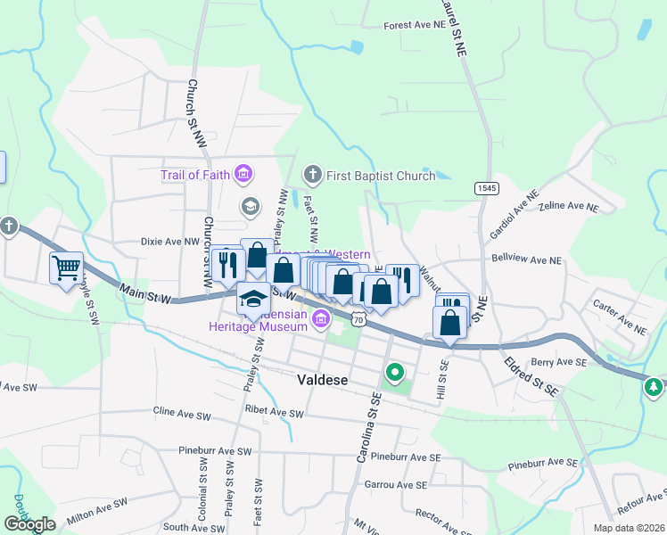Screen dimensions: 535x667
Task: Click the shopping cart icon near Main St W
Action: (67, 267)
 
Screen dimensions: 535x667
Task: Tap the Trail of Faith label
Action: (195, 175)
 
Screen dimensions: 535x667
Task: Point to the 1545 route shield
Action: (486, 188)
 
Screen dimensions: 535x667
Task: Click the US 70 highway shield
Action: (358, 318)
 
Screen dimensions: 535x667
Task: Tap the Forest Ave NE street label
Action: (415, 26)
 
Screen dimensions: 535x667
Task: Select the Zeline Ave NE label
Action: (568, 206)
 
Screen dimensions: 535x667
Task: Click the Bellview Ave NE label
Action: (527, 259)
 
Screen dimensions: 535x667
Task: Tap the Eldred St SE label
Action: (530, 377)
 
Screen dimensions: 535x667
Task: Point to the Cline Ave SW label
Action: (182, 415)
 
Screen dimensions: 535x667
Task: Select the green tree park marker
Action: (655, 386)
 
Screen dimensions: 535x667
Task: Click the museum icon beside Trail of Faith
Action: (243, 175)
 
